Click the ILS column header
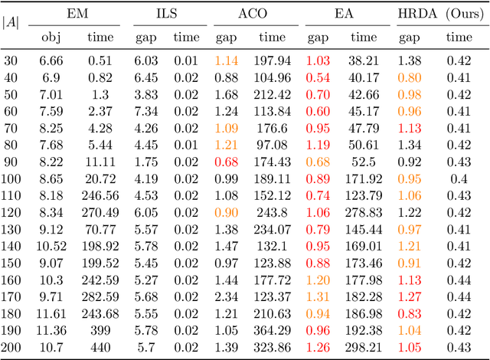[x=166, y=14]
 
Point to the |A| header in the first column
[x=12, y=24]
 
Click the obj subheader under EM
[x=50, y=37]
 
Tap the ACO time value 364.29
[x=271, y=330]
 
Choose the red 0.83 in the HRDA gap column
[x=409, y=313]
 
